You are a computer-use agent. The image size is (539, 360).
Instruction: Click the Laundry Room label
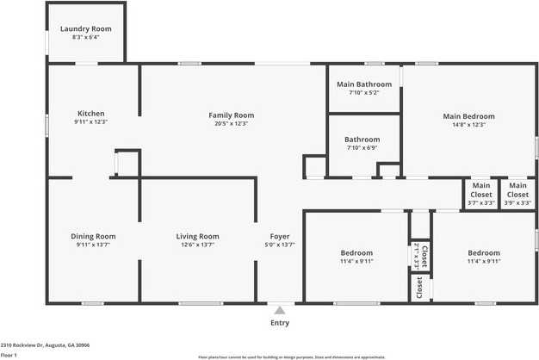pos(85,28)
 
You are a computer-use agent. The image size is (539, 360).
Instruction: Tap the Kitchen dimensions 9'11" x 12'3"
pos(90,122)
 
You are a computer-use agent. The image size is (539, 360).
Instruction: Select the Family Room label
pos(231,115)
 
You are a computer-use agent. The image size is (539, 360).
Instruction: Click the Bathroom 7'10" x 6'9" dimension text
pos(362,147)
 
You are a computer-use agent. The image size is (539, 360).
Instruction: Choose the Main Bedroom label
pos(468,115)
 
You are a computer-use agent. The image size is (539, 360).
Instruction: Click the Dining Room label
pos(93,236)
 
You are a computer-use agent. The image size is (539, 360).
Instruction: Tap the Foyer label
pos(279,236)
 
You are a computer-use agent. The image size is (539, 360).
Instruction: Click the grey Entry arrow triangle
pos(279,310)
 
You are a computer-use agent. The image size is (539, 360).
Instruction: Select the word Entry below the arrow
pos(280,323)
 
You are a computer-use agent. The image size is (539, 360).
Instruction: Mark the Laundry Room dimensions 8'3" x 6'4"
pos(85,37)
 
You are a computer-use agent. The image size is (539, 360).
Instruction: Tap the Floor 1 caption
pos(9,354)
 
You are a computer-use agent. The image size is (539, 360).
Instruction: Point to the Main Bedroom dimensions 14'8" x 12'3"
pos(468,124)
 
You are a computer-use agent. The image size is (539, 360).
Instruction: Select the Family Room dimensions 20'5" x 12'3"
pos(231,123)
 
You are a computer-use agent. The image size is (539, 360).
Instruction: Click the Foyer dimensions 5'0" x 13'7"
pos(279,245)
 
